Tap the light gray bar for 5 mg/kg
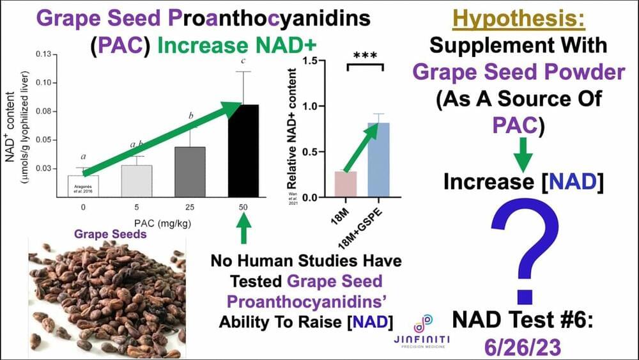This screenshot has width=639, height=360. click(x=137, y=181)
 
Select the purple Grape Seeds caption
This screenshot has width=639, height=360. click(x=111, y=234)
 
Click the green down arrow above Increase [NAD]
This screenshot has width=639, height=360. click(x=523, y=156)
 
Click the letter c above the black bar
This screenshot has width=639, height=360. click(x=243, y=61)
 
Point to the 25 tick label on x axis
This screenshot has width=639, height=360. click(x=190, y=208)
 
